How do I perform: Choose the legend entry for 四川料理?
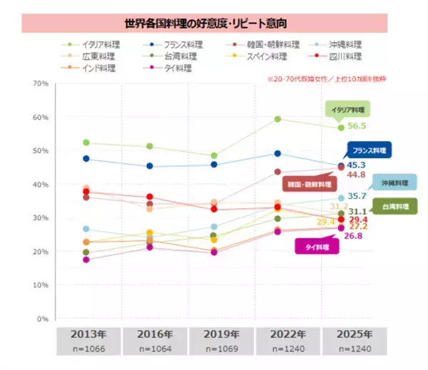343,56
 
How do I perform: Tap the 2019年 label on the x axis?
222,334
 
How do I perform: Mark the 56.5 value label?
356,126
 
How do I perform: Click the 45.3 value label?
356,165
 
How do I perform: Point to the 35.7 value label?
356,196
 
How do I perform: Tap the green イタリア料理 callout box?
349,110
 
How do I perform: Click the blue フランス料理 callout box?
370,150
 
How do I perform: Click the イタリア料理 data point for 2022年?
277,119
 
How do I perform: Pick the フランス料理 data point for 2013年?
86,158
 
